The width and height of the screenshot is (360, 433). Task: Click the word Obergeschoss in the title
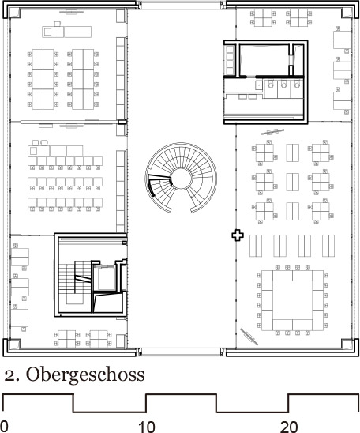click(x=85, y=375)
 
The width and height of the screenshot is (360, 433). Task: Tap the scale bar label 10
click(x=147, y=427)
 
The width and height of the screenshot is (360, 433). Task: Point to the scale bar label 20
click(x=289, y=427)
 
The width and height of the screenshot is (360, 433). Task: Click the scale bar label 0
click(x=4, y=427)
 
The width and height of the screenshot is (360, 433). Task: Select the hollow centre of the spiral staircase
click(x=181, y=179)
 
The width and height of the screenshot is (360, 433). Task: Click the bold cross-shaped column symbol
click(x=238, y=235)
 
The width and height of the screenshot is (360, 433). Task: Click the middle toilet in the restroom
click(x=284, y=85)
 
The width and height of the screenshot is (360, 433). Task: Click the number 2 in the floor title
click(x=10, y=376)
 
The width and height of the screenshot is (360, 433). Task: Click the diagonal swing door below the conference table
click(x=249, y=337)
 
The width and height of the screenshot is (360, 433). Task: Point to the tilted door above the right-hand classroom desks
click(x=272, y=132)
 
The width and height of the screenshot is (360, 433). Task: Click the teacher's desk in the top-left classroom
click(x=67, y=32)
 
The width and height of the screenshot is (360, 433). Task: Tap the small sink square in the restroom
click(x=259, y=85)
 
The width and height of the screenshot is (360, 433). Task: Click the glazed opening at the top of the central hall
click(x=181, y=5)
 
